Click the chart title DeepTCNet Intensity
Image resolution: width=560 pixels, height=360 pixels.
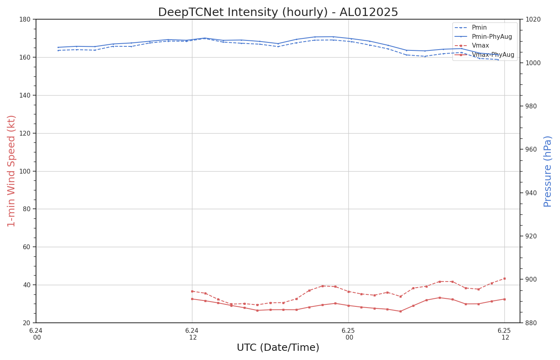[278, 12]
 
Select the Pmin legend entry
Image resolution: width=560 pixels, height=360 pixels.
[479, 28]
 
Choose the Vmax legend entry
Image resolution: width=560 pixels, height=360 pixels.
[480, 46]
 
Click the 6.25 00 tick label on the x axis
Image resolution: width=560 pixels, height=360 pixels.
[348, 334]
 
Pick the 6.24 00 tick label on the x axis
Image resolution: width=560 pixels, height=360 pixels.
[36, 334]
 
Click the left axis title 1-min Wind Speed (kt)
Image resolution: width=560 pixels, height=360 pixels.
[12, 171]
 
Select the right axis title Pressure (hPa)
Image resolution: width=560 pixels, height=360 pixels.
[548, 171]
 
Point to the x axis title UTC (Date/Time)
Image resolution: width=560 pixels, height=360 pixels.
[278, 348]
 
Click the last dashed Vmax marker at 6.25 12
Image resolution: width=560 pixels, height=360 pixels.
[504, 278]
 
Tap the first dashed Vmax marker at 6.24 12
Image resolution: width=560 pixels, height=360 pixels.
[192, 291]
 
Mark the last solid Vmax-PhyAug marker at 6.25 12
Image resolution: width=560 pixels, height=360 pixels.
[504, 299]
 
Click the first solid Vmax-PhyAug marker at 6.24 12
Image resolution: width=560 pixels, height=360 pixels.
[192, 299]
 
